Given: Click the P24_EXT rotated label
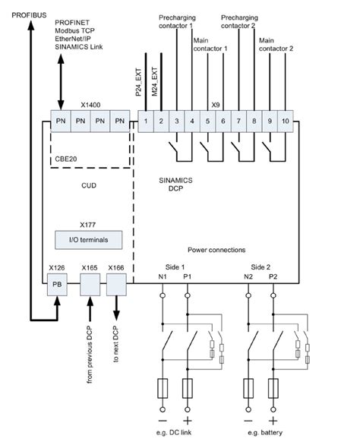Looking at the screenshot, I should pos(138,79).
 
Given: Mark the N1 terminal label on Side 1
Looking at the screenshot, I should pos(162,277).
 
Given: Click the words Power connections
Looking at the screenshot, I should pos(216,249).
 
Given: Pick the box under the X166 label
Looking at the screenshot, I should pos(117,286).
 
